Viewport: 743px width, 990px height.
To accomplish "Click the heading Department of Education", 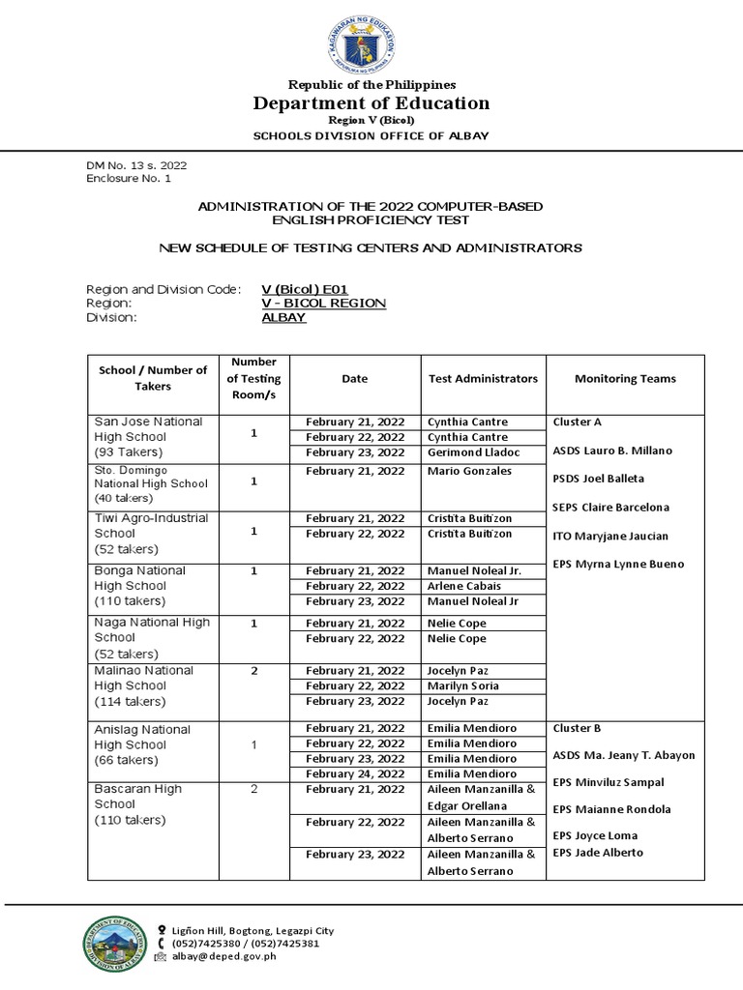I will click(x=371, y=102).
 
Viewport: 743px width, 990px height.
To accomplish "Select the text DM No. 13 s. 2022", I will click(x=136, y=165).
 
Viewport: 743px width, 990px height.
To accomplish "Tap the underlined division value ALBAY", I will click(x=283, y=317).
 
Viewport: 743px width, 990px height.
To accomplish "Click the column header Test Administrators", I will click(x=483, y=379).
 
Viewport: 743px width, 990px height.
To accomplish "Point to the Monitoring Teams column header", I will click(x=625, y=379).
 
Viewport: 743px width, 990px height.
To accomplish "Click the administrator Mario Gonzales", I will click(x=469, y=471).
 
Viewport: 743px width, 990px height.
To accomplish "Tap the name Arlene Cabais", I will click(x=464, y=586).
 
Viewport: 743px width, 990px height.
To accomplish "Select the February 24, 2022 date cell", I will click(x=355, y=773).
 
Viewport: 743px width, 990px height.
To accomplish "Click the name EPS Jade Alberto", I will click(x=598, y=852).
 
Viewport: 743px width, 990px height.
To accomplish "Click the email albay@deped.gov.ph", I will click(x=224, y=956).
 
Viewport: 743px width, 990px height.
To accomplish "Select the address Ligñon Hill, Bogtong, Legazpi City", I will click(x=253, y=930).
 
